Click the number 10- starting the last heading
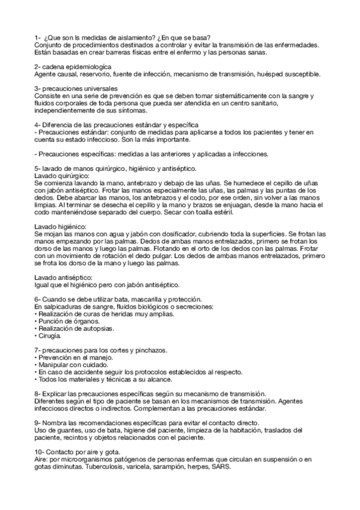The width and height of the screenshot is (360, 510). click(40, 452)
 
